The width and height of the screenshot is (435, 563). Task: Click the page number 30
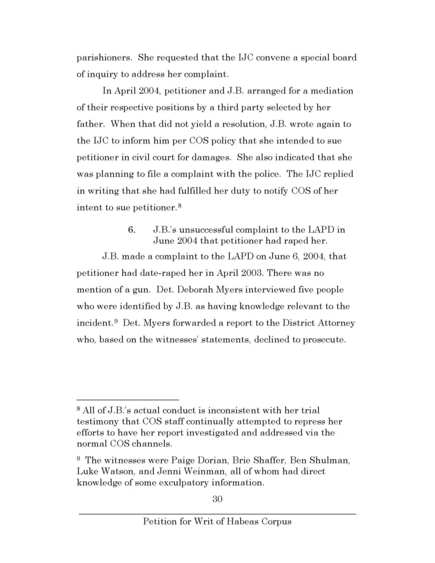[217, 499]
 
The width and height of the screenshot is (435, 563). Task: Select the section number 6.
[132, 230]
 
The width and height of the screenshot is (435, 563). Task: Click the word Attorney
[330, 323]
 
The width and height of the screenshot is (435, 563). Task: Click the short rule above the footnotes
[128, 400]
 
